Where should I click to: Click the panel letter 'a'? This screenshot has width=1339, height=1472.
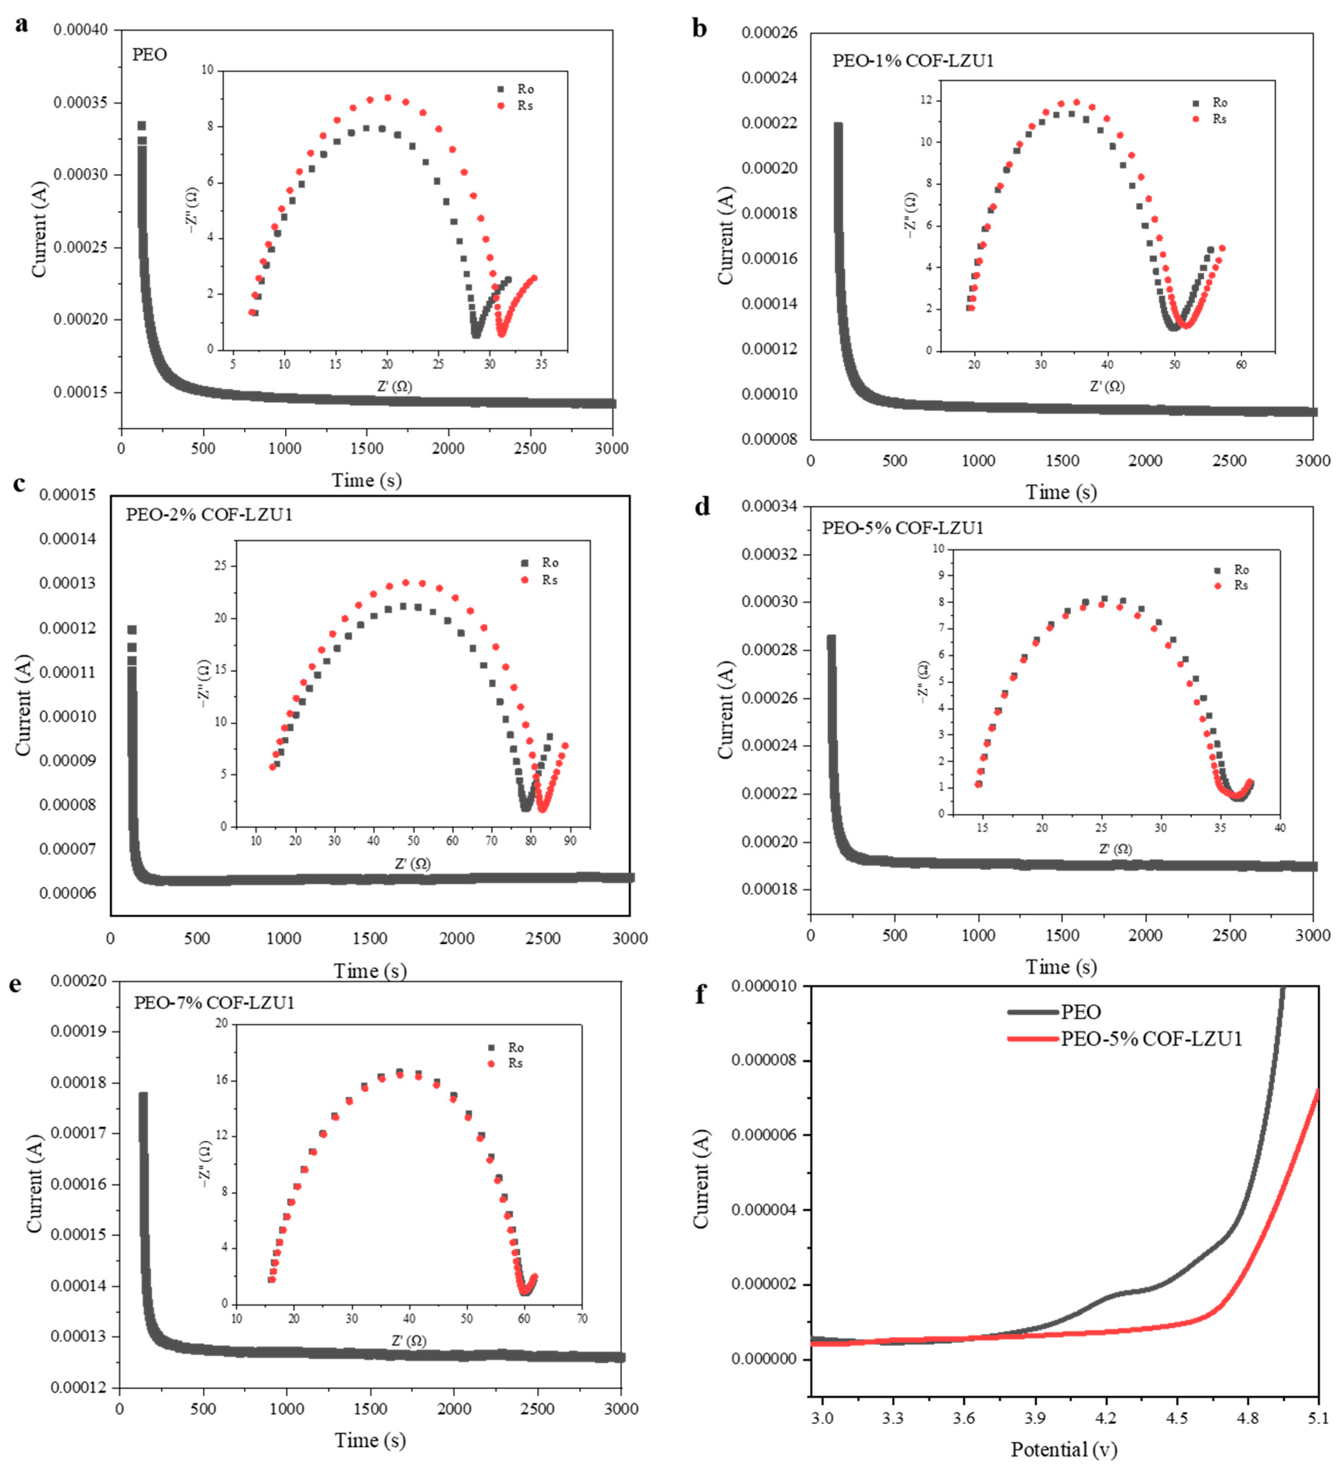tap(22, 24)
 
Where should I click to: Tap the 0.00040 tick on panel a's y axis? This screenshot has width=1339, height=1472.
tap(80, 30)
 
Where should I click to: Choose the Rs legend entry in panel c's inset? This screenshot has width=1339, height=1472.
tap(540, 580)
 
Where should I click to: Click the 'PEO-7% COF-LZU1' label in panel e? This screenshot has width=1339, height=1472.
tap(214, 1002)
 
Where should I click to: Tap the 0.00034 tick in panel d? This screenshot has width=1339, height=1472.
tap(768, 506)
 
